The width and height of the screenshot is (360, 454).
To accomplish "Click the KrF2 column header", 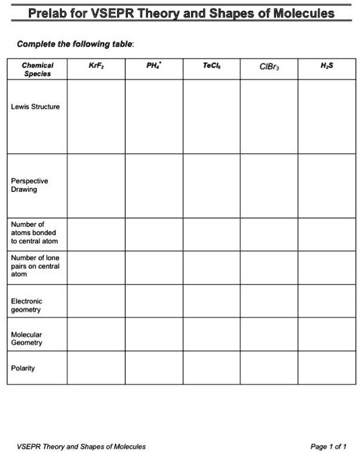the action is (x=96, y=67).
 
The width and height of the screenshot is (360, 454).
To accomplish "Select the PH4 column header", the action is (x=153, y=67).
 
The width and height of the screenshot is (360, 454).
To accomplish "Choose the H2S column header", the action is (x=327, y=67).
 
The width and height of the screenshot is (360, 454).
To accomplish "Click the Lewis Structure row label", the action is (x=35, y=107).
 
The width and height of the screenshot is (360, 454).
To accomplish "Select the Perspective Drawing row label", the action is (x=30, y=185).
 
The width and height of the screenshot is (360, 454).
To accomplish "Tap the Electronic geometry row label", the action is (x=26, y=305).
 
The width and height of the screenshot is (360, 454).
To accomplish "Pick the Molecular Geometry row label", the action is (x=27, y=338).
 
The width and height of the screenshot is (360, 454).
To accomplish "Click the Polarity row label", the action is (x=23, y=368).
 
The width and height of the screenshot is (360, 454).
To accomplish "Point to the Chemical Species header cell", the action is (x=37, y=70).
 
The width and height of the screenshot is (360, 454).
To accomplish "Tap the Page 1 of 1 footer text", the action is (x=328, y=446).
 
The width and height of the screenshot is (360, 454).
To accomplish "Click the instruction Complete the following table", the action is (x=75, y=44).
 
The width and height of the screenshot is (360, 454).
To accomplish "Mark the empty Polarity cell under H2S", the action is (x=327, y=368).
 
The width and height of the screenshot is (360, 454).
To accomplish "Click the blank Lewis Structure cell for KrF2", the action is (x=96, y=117).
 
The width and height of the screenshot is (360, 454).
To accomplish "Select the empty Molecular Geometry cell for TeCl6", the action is (x=211, y=334).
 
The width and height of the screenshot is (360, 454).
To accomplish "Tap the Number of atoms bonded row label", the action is (x=34, y=232).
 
